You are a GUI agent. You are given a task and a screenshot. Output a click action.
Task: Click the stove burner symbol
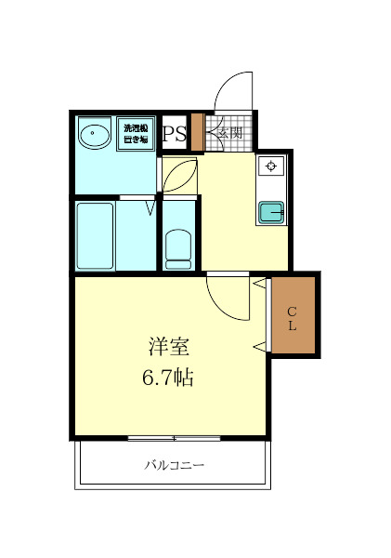(x=272, y=166)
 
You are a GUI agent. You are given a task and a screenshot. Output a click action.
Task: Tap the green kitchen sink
(x=272, y=213)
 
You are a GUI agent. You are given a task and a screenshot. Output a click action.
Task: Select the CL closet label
(x=292, y=319)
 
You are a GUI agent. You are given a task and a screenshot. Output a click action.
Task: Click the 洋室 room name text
(x=169, y=347)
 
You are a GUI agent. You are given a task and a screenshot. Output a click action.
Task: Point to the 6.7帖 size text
(x=169, y=379)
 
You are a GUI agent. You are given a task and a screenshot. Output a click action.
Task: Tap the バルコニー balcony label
(x=174, y=465)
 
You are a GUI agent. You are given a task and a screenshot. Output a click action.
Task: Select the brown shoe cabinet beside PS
(x=196, y=131)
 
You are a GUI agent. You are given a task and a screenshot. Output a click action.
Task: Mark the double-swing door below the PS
(x=178, y=174)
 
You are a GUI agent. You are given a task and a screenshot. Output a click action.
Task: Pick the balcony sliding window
(x=174, y=437)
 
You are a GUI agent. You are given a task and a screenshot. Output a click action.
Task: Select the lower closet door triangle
(x=259, y=346)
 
